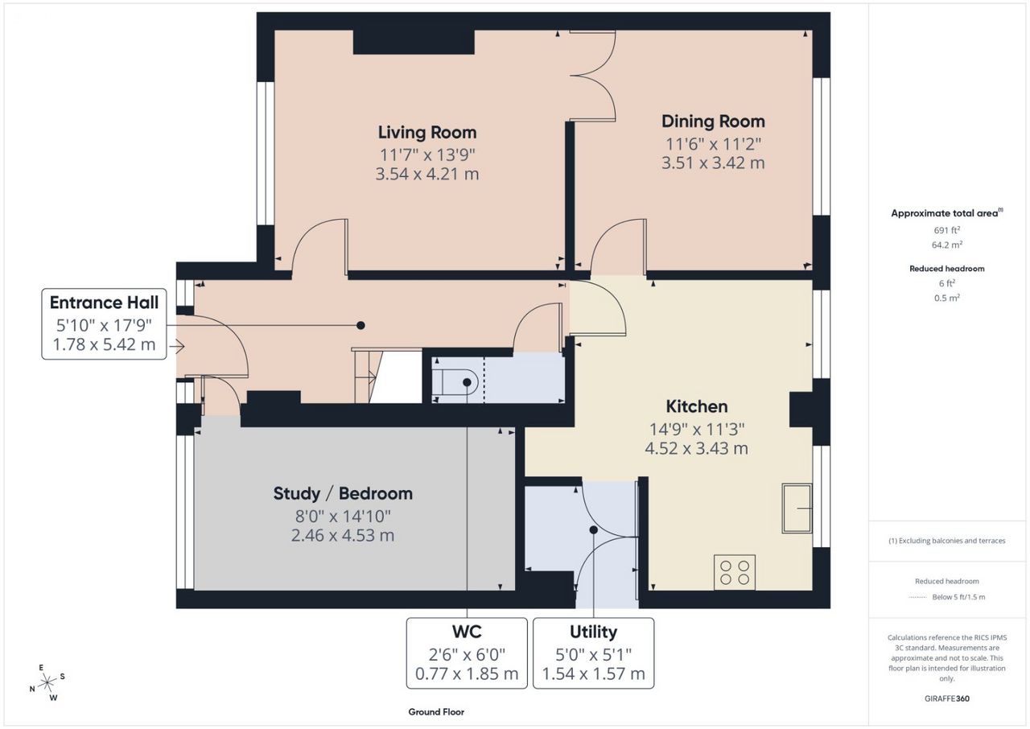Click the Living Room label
tap(427, 133)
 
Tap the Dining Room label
tap(713, 121)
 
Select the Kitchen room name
tap(697, 406)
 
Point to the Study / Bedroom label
tap(343, 494)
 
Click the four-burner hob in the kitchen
tap(735, 572)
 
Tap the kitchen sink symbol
tap(797, 509)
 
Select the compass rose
tap(47, 682)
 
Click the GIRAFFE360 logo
tap(947, 698)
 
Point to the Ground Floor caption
tap(436, 712)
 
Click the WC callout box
tap(467, 653)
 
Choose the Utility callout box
tap(594, 653)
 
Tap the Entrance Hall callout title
tap(104, 303)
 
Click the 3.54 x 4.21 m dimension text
tap(427, 175)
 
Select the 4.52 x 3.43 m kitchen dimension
tap(697, 448)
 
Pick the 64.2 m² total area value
tap(947, 245)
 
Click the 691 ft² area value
tap(947, 230)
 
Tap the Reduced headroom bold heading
tap(947, 269)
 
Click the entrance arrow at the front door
tap(177, 346)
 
